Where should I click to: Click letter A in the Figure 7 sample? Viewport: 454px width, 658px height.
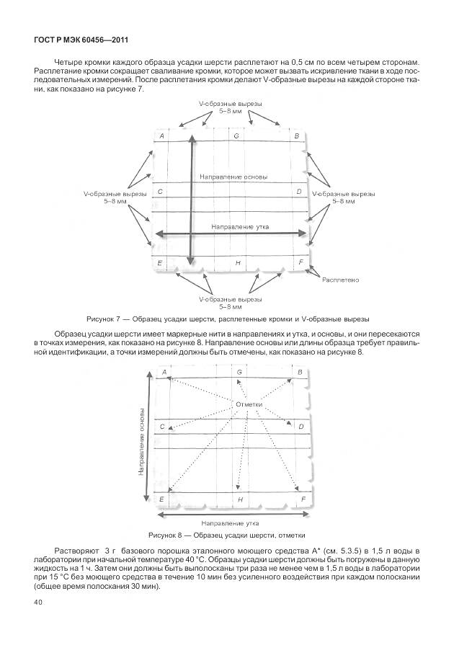[161, 136]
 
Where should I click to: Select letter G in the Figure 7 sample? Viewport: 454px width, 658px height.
[236, 136]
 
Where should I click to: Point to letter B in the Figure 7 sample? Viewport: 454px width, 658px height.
[296, 136]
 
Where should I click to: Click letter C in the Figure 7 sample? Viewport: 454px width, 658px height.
[160, 192]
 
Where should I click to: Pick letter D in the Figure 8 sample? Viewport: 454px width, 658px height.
[301, 427]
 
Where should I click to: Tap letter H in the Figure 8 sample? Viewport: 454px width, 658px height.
[240, 499]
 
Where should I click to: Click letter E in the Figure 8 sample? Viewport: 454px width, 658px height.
[161, 499]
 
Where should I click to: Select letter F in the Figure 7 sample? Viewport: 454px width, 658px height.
[301, 262]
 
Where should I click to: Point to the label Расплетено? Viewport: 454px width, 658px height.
[341, 279]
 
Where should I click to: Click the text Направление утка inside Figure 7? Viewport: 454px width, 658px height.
[240, 226]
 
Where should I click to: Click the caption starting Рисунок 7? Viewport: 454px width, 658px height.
[227, 318]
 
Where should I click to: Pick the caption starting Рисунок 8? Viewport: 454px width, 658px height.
[227, 535]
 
